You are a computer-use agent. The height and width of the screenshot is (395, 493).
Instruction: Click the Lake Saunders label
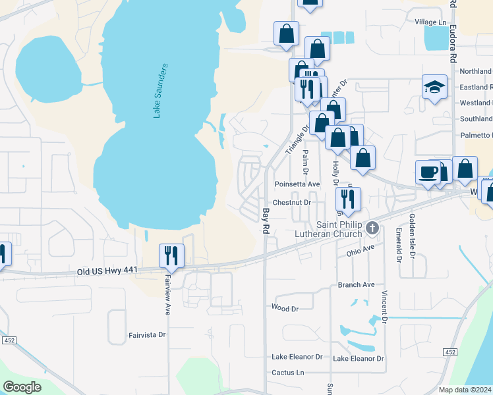(161, 91)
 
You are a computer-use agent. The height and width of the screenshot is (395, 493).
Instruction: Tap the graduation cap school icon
(434, 88)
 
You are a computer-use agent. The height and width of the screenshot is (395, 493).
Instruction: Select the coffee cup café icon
(428, 172)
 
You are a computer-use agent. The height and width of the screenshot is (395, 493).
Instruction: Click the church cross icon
(372, 228)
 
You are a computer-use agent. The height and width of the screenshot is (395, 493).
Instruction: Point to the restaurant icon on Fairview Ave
(171, 256)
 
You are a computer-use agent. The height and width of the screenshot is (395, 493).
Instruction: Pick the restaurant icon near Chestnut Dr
(348, 199)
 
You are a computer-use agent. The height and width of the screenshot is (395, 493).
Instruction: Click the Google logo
(22, 387)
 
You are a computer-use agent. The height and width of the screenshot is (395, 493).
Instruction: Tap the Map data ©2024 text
(465, 390)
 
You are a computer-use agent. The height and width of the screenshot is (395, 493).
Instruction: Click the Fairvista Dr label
(148, 334)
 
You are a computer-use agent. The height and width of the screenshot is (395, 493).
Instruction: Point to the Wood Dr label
(285, 307)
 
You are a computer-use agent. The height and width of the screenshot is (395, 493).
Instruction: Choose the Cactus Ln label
(287, 373)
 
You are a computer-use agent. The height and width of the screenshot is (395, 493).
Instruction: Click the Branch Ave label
(356, 284)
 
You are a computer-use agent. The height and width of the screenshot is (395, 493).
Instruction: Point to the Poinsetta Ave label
(297, 184)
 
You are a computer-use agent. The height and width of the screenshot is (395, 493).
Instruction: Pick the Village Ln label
(430, 22)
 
